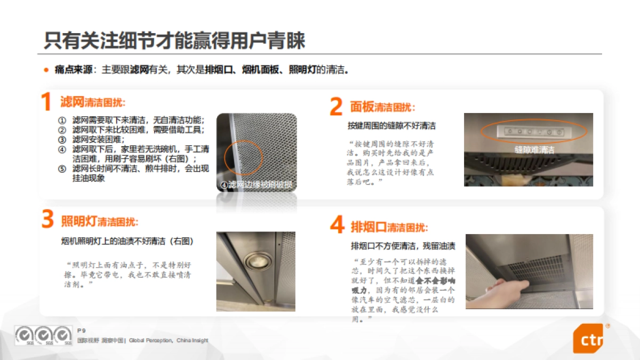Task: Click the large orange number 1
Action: point(46,102)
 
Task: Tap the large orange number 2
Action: point(336,107)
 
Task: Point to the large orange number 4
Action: point(337,226)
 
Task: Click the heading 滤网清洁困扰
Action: point(93,102)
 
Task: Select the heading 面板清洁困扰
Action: point(382,107)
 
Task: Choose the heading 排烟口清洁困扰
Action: point(389,227)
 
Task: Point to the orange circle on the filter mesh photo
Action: point(243,158)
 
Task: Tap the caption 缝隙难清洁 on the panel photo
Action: point(534,150)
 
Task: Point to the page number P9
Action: point(81,331)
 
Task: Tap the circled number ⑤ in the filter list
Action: point(62,169)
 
